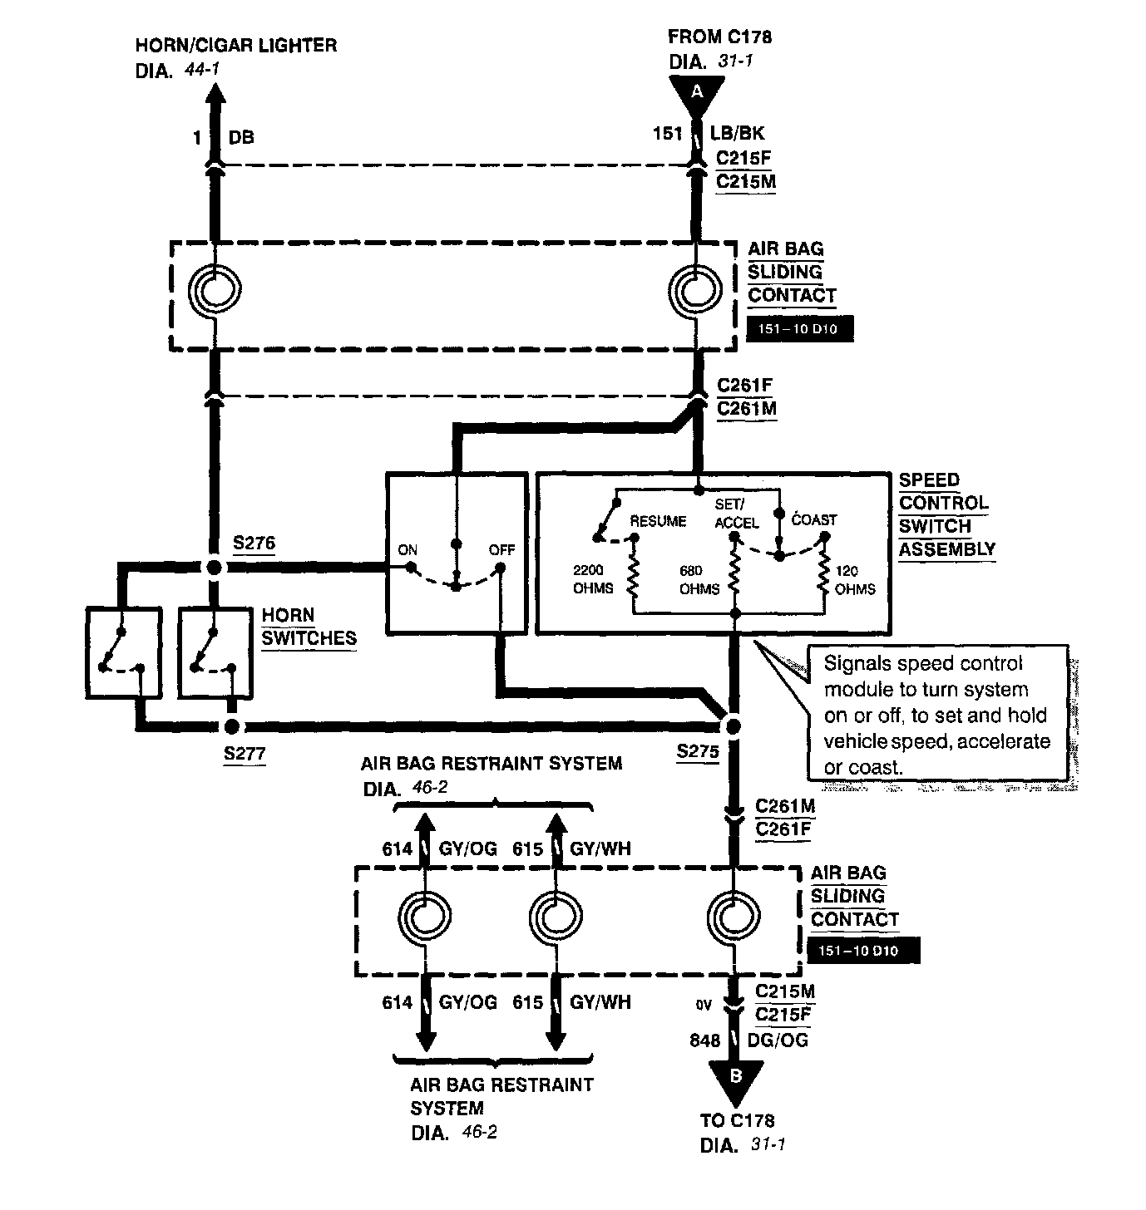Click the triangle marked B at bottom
point(736,1082)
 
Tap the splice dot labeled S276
point(214,567)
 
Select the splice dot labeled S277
point(232,726)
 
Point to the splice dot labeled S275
point(734,726)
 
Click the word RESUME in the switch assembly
point(657,521)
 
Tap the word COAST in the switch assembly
point(814,520)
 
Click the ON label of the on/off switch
point(408,549)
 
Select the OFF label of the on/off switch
point(501,549)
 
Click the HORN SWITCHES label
point(309,627)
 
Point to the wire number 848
point(704,1040)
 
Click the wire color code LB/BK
point(737,133)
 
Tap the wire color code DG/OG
point(778,1040)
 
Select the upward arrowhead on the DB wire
point(215,92)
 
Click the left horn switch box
point(124,653)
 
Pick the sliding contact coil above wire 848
point(734,917)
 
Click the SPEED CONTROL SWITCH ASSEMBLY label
point(946,514)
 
